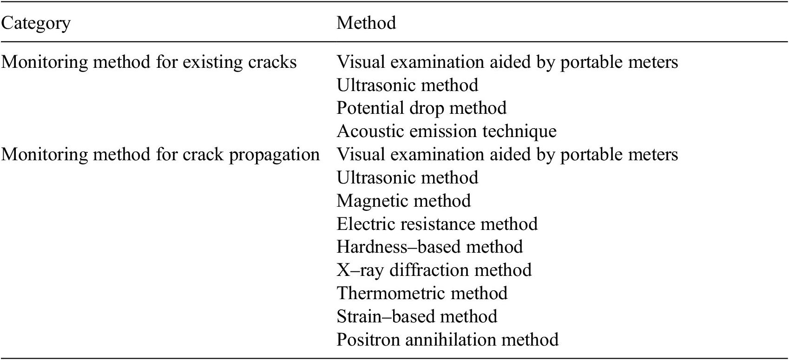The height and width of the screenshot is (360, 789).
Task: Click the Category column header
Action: pos(36,23)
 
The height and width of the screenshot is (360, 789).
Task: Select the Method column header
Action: pos(366,23)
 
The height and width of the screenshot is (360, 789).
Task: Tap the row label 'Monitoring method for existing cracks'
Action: pos(149,62)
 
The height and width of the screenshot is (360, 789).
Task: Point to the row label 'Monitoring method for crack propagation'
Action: pos(160,154)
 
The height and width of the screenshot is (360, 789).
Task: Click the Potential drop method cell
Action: pos(421,108)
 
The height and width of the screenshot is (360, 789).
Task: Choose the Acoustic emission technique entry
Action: pos(447,131)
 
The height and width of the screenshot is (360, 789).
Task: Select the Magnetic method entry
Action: pos(403,201)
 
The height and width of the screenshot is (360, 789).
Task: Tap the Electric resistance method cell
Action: pos(437,224)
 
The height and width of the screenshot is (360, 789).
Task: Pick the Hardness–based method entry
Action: pos(430,247)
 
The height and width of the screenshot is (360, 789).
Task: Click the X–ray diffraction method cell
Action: pos(434,270)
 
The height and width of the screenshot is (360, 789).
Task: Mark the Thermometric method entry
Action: pos(422,293)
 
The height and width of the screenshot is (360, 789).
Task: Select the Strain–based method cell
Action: pos(417,316)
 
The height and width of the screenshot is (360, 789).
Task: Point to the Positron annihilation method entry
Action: pos(447,340)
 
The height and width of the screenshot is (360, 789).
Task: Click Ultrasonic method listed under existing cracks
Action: pos(408,85)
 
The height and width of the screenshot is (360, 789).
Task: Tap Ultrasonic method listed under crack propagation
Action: pos(408,177)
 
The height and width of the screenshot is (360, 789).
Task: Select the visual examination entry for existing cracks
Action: pos(507,62)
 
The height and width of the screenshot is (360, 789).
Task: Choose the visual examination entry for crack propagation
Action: pos(507,154)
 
